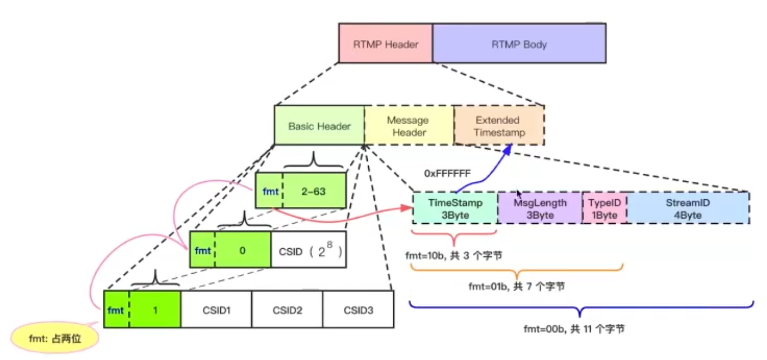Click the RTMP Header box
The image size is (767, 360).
[x=385, y=43]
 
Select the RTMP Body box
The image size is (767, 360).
[x=518, y=43]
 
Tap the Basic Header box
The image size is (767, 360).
[x=319, y=126]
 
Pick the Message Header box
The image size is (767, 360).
[x=409, y=126]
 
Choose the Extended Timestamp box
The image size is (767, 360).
[x=499, y=126]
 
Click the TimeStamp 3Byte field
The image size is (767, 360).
[x=455, y=209]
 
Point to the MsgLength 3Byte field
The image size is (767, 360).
[x=540, y=209]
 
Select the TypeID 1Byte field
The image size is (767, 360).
[x=605, y=209]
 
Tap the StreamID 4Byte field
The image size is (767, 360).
[x=687, y=209]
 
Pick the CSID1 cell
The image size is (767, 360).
[x=216, y=310]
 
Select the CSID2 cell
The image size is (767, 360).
[x=287, y=310]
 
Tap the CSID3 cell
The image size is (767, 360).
[x=358, y=310]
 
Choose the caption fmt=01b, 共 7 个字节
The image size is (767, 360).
[x=517, y=287]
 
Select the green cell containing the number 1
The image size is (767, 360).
[x=155, y=310]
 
